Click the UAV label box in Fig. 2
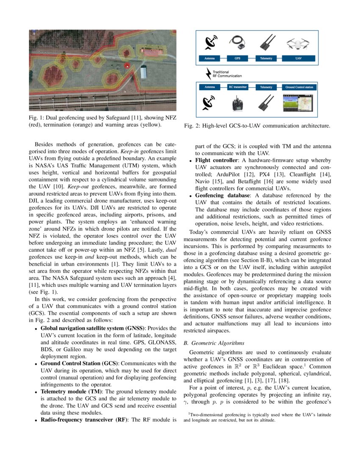coord(299,58)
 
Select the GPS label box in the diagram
coord(238,58)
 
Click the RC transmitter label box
coord(238,87)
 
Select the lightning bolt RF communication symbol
coord(208,74)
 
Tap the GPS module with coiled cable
coord(238,42)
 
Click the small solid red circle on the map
coord(126,65)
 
